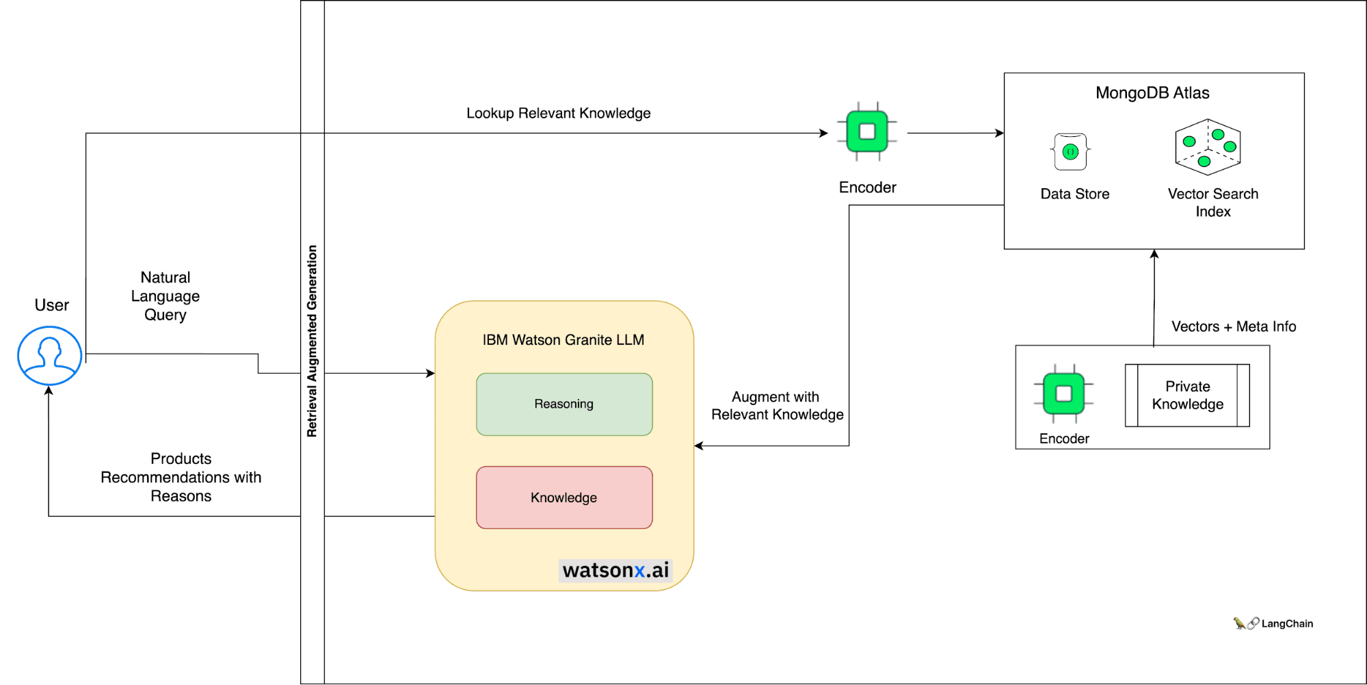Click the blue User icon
click(x=49, y=355)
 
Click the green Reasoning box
click(x=564, y=404)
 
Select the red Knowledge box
click(x=564, y=497)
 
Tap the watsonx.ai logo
click(x=615, y=570)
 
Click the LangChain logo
click(x=1273, y=623)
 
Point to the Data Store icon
click(x=1070, y=152)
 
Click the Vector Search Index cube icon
click(x=1208, y=147)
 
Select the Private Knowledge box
click(x=1187, y=396)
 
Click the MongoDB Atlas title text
click(x=1152, y=93)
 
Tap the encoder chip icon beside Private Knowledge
click(x=1063, y=393)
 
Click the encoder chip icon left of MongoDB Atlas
click(x=867, y=131)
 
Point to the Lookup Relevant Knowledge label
click(x=558, y=113)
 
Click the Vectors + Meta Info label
click(x=1233, y=326)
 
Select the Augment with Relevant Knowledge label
click(x=777, y=406)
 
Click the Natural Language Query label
click(x=165, y=296)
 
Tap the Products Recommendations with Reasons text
click(x=181, y=477)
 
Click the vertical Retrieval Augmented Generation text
click(x=312, y=341)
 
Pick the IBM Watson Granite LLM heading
click(x=563, y=340)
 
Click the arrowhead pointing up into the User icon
click(x=49, y=391)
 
